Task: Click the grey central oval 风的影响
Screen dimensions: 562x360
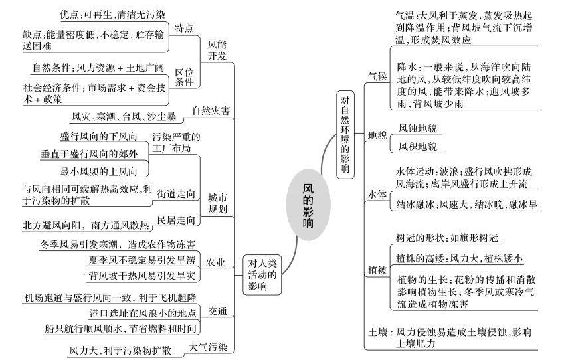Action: (x=308, y=205)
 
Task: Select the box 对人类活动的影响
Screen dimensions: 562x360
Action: (x=262, y=275)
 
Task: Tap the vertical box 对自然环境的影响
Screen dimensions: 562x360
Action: (x=345, y=135)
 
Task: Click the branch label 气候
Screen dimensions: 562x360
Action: (x=377, y=76)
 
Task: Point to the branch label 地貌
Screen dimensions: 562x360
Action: (x=377, y=135)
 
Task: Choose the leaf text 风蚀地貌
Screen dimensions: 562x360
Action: (x=418, y=128)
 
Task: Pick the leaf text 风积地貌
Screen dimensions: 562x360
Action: (x=418, y=147)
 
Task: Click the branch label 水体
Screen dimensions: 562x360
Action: (x=377, y=194)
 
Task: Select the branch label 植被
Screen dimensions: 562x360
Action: (x=377, y=270)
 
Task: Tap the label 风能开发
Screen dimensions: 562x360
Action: (x=217, y=50)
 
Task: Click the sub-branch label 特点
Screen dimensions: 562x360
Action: (x=184, y=28)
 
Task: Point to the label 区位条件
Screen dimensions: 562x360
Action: (x=184, y=77)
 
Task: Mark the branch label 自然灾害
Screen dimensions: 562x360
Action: (x=211, y=111)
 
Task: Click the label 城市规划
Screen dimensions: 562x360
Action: (x=218, y=203)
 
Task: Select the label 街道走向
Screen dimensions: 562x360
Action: (x=176, y=194)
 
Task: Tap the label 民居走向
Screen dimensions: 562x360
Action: (x=176, y=220)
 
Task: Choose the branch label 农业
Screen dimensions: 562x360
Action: (x=215, y=262)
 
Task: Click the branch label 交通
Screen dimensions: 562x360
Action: (x=218, y=311)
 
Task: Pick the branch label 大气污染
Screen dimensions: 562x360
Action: (x=208, y=347)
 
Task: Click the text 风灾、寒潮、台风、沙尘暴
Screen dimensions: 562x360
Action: (x=124, y=117)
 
